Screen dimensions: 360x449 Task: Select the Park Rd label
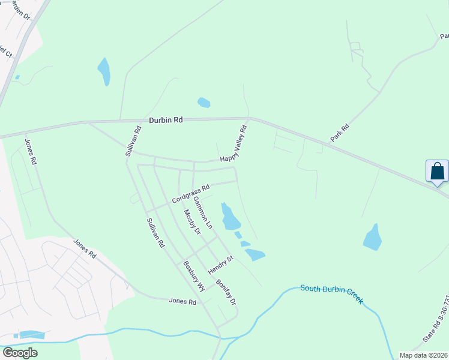pos(340,133)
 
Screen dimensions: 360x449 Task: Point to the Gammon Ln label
pos(203,213)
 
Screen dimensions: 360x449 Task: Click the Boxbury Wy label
pos(194,275)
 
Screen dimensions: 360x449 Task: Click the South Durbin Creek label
pos(331,293)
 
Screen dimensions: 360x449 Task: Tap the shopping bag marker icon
pos(437,171)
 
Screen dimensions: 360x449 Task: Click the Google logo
pos(20,353)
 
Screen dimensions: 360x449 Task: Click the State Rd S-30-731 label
pos(436,338)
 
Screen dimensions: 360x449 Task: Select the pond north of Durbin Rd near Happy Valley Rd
pos(204,103)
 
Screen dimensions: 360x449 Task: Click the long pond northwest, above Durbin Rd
pos(104,71)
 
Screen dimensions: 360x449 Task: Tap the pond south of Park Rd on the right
pos(373,238)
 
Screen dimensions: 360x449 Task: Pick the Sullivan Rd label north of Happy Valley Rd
pos(133,140)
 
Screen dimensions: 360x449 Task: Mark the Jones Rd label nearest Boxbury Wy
pos(182,302)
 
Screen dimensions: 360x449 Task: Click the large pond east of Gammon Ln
pos(230,219)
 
